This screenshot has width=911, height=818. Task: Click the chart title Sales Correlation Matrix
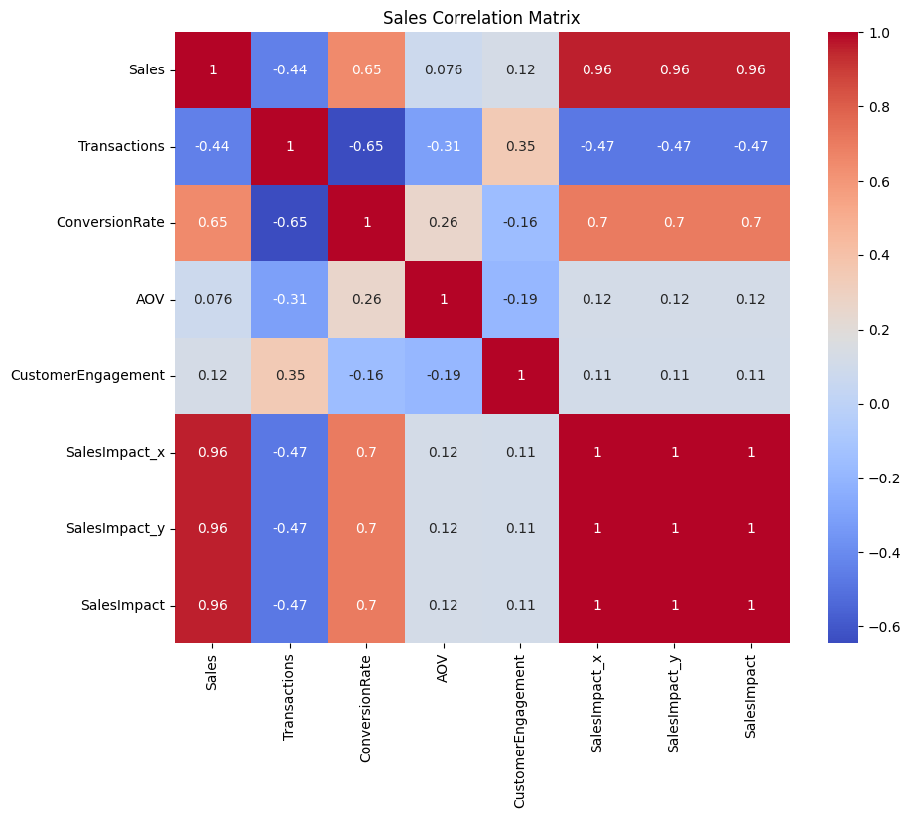[x=481, y=18]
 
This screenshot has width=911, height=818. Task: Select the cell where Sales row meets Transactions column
[x=290, y=69]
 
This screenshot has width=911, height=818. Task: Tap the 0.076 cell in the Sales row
[x=444, y=69]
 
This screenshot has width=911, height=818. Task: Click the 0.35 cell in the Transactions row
[x=521, y=146]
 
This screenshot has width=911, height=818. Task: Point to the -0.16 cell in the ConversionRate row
[x=521, y=222]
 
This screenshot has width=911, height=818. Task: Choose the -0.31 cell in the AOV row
[x=290, y=299]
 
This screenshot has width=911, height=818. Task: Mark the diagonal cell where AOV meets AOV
[x=444, y=299]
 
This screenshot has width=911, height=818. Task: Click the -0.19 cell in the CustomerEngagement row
[x=444, y=375]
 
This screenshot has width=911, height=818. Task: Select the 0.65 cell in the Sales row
[x=367, y=69]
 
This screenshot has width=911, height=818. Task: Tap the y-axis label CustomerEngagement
[x=87, y=375]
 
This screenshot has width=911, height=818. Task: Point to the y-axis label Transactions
[x=121, y=146]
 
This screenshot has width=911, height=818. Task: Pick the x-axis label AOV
[x=444, y=670]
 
